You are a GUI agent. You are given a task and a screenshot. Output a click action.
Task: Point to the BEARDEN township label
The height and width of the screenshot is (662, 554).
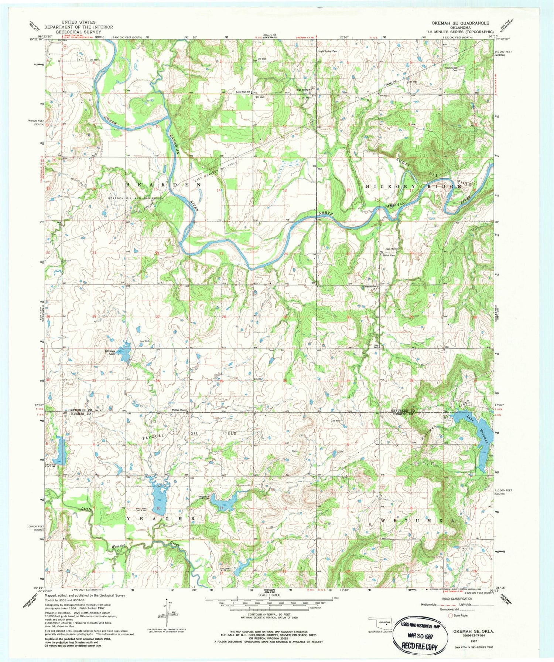(x=164, y=184)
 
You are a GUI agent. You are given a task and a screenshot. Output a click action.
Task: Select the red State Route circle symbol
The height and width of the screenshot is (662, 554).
(x=450, y=615)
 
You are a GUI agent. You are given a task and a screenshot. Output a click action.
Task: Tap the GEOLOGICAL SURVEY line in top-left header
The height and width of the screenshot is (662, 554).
(x=78, y=32)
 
